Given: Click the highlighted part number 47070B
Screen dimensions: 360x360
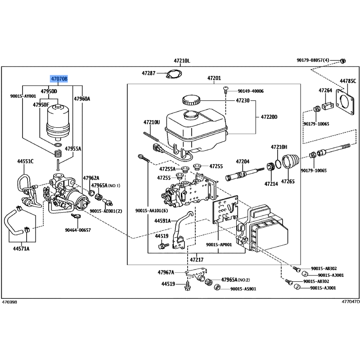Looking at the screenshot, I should click(59, 80).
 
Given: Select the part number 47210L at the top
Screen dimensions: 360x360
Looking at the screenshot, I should click(182, 61).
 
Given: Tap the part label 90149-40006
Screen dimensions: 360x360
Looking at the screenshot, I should click(251, 91).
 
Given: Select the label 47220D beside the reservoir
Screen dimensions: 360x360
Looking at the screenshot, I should click(269, 117).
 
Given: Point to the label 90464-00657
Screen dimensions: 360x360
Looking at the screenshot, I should click(78, 230).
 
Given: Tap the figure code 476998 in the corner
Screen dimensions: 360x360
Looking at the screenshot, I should click(9, 302).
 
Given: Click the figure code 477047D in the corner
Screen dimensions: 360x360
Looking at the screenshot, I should click(351, 302).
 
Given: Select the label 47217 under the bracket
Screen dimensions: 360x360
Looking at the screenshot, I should click(196, 260).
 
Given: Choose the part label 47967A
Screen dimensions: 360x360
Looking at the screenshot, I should click(166, 272).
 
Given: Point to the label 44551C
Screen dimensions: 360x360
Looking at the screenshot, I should click(26, 160).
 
